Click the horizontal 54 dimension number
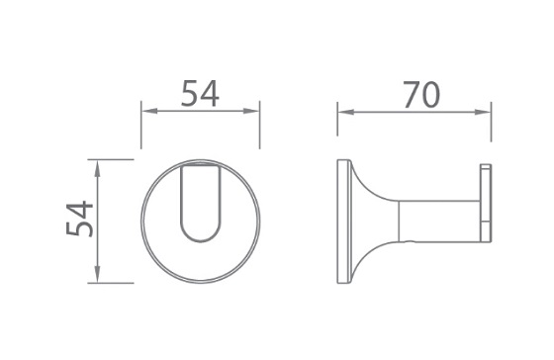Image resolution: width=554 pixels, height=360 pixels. point(200,94)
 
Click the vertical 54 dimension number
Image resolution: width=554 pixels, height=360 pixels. point(79,219)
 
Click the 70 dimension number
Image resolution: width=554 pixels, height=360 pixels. point(421,95)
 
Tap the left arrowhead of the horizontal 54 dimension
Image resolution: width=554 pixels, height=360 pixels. point(148,111)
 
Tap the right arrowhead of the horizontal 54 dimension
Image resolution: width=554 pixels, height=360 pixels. point(251,111)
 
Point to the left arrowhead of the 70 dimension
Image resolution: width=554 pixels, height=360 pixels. point(345,113)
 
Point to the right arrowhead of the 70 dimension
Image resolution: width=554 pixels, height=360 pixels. point(483,113)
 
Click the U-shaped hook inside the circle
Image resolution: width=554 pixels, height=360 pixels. point(200,241)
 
